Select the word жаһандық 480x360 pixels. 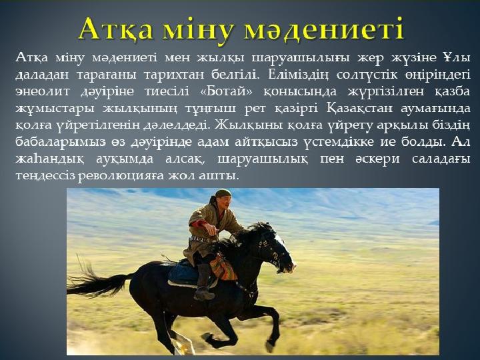click(49, 159)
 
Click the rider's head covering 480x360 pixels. click(223, 193)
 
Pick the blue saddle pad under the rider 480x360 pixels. click(185, 273)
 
